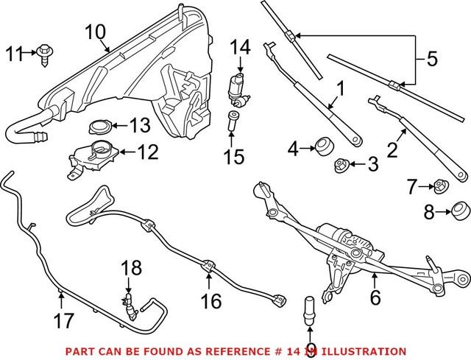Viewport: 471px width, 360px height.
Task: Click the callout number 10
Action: (95, 32)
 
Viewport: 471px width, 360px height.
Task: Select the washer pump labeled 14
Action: (238, 88)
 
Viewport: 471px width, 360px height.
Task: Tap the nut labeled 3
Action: (340, 165)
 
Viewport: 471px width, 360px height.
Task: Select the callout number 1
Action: (340, 91)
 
